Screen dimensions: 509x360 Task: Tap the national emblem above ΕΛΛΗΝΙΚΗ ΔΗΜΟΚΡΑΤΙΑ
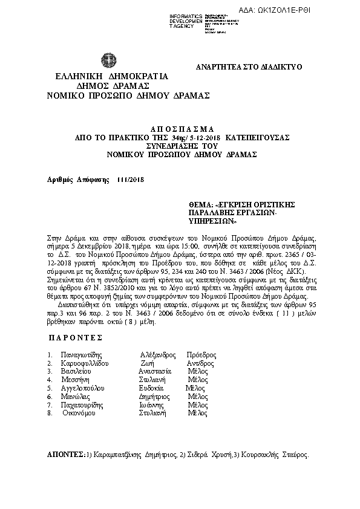coord(109,62)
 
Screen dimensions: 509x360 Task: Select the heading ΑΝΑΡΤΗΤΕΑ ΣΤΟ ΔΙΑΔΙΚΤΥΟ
coord(249,67)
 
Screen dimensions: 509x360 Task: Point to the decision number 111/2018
coord(131,180)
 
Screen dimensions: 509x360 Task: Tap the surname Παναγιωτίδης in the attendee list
coord(82,355)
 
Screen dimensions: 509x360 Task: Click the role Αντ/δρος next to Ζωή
coord(200,363)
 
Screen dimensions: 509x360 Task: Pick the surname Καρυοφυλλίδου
coord(87,363)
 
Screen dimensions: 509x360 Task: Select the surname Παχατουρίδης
coord(84,404)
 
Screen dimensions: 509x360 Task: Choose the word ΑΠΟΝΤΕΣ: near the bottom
coord(66,453)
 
